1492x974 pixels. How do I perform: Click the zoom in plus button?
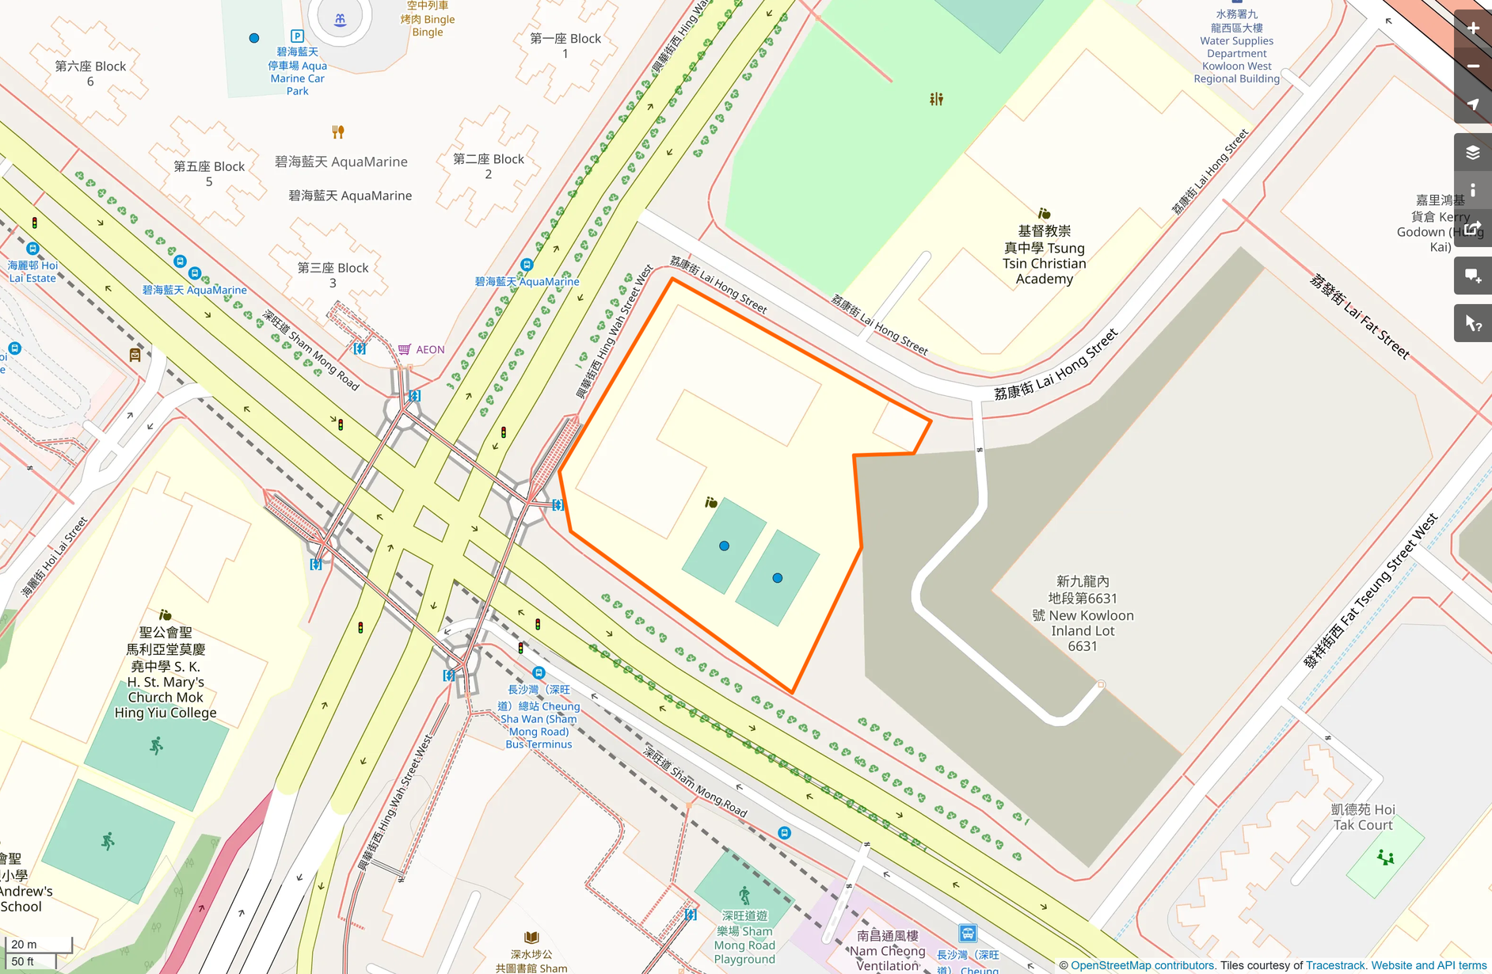pos(1473,29)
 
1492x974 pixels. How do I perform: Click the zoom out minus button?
pos(1473,67)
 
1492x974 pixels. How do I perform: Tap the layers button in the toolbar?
pos(1473,152)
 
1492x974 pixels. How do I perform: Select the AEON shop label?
pos(430,349)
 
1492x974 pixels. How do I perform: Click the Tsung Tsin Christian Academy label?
pos(1044,255)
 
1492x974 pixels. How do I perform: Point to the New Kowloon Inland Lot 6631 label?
pos(1083,614)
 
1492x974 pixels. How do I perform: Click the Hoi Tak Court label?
pos(1362,817)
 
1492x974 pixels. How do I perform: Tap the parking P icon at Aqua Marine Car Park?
pos(297,36)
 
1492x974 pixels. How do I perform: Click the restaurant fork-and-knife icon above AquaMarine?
pos(338,131)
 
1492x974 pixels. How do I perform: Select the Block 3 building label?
pos(333,275)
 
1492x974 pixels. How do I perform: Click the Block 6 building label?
pos(90,74)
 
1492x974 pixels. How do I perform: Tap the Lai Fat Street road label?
pos(1359,316)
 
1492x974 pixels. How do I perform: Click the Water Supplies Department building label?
pos(1236,47)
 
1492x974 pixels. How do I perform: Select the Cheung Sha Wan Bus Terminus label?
pos(539,717)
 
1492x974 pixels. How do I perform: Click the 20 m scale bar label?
pos(24,944)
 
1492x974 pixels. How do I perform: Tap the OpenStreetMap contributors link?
pos(1142,965)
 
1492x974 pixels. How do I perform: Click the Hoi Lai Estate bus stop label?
pos(32,272)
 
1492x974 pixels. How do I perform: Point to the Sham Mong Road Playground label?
pos(744,938)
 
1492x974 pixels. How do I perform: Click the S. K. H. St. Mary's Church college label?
pos(166,673)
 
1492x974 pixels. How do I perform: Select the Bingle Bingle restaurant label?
pos(428,19)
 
